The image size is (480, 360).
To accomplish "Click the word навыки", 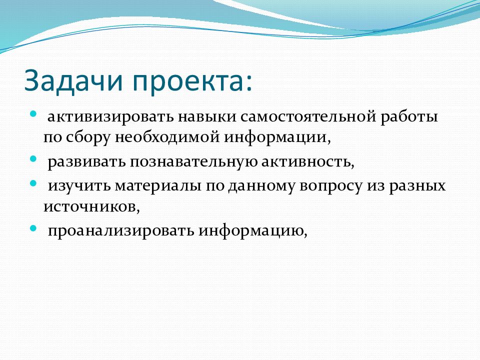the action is (x=207, y=117).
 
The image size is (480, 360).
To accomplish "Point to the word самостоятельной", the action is (x=308, y=117).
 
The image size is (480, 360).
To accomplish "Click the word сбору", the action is (x=88, y=137).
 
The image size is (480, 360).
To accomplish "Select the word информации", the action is (x=276, y=138).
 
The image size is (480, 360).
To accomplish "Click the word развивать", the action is (x=86, y=162).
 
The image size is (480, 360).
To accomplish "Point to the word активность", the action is (x=306, y=162).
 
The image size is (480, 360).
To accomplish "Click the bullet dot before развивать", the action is (x=33, y=159).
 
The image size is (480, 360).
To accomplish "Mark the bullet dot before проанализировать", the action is (x=33, y=228).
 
